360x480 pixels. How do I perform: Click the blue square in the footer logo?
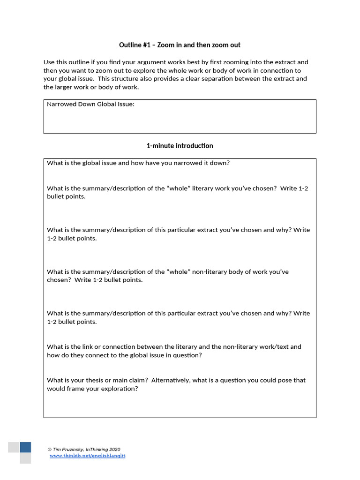coord(25,447)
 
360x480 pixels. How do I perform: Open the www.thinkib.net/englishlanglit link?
coord(87,456)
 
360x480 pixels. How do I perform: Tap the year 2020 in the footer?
coord(114,449)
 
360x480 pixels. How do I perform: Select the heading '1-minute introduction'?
coord(180,146)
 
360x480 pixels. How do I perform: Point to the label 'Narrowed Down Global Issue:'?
coord(90,104)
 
